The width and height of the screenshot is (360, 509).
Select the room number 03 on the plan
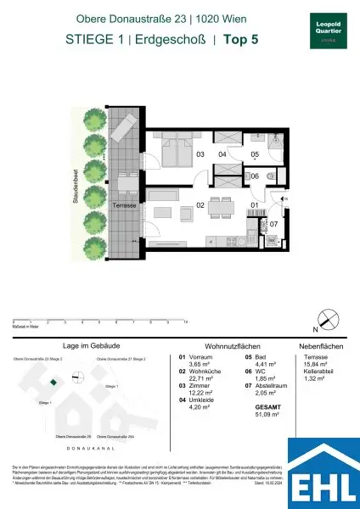200,154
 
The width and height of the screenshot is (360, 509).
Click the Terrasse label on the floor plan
125,204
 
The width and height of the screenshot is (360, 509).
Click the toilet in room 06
269,177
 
